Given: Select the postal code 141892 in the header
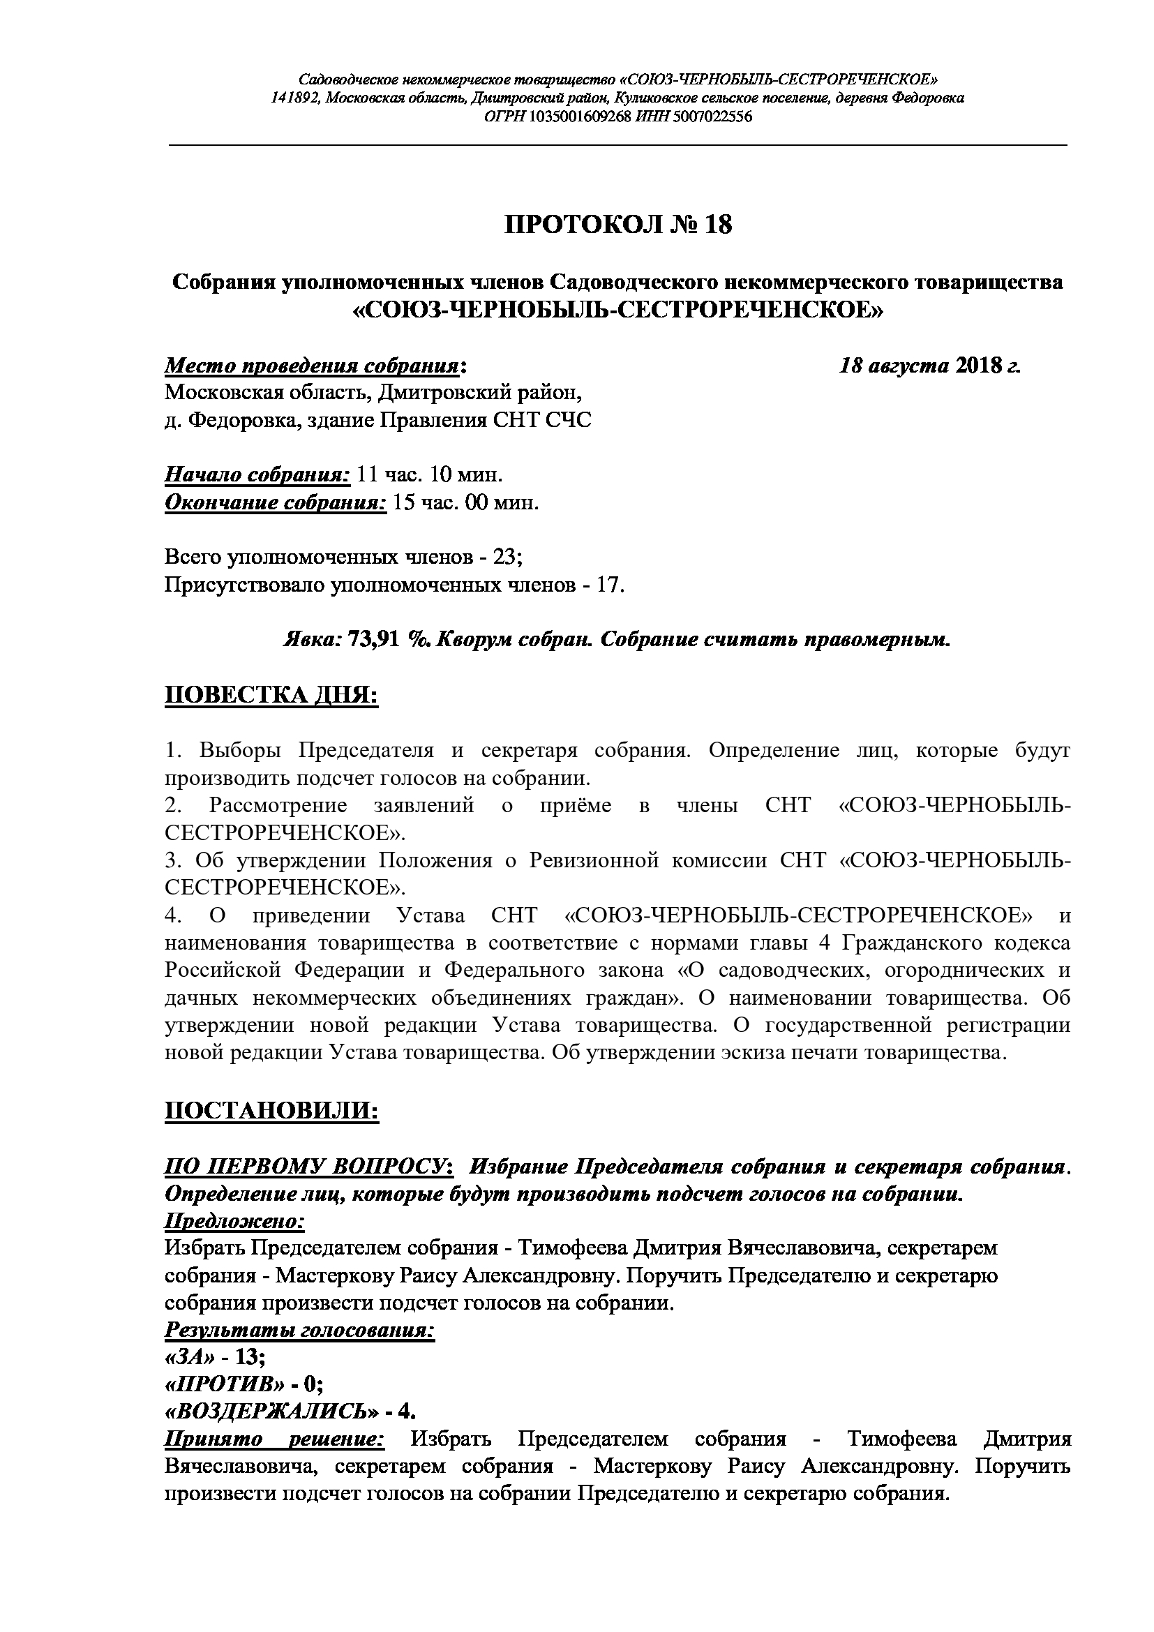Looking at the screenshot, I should click(x=296, y=98).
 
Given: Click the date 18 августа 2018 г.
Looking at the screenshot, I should click(x=929, y=366).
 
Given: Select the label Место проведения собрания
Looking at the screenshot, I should click(x=312, y=366).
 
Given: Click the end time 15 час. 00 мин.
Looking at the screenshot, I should click(x=465, y=502).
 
